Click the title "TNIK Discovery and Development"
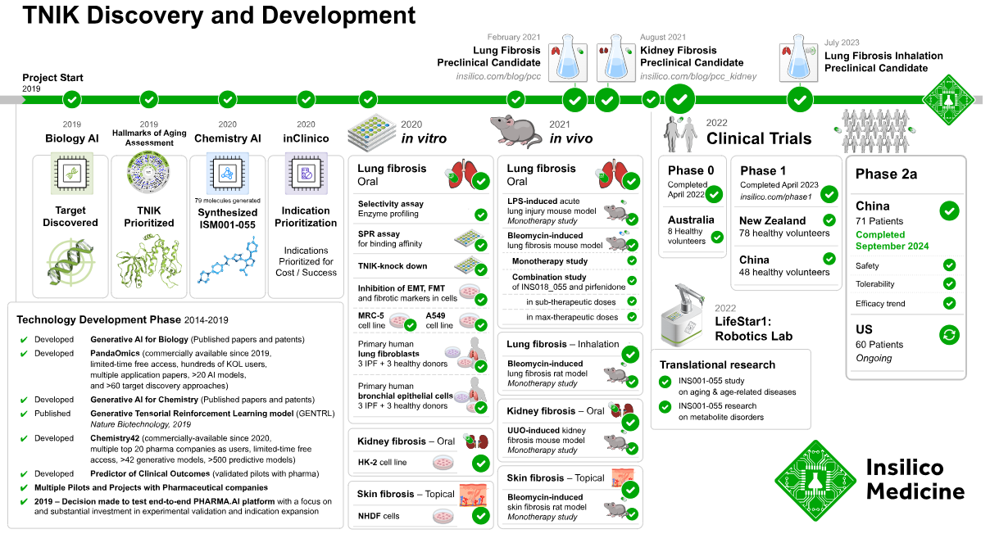point(219,15)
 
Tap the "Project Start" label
point(52,78)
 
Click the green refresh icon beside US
point(949,334)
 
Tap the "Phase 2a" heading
point(886,174)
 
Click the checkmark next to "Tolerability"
point(949,283)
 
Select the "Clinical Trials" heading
point(759,138)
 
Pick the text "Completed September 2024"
point(892,240)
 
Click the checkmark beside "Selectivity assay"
point(480,215)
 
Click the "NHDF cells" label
point(379,516)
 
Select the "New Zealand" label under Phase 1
point(772,220)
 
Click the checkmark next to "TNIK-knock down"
point(480,267)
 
